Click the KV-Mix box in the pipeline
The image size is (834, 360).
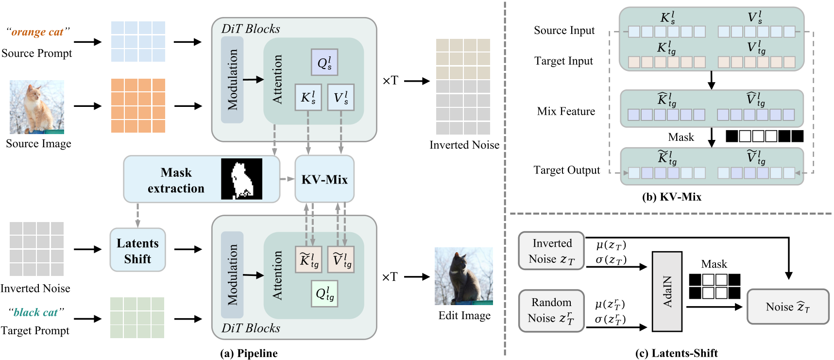pos(324,179)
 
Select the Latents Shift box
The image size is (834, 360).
pos(137,250)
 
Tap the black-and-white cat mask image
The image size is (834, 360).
pos(241,179)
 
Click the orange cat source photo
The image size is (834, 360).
pos(37,107)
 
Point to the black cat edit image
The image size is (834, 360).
pos(463,276)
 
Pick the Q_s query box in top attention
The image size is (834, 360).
pos(324,63)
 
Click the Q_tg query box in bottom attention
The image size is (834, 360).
pos(324,294)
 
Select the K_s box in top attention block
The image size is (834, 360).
pos(308,97)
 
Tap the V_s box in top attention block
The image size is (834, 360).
pos(340,97)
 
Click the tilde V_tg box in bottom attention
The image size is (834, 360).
pos(341,260)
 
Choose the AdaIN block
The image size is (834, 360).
pos(667,291)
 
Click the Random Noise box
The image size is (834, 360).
pos(551,310)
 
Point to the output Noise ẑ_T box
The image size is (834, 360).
pos(787,307)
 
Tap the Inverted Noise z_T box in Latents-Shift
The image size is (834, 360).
pos(551,251)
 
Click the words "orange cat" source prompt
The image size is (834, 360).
pos(37,32)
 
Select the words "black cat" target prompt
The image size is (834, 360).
pos(36,312)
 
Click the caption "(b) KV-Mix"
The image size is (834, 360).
pos(671,197)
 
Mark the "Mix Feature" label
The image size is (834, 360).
pos(566,111)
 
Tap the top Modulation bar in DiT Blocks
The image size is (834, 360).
pos(232,80)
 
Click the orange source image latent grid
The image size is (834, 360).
pos(138,105)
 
